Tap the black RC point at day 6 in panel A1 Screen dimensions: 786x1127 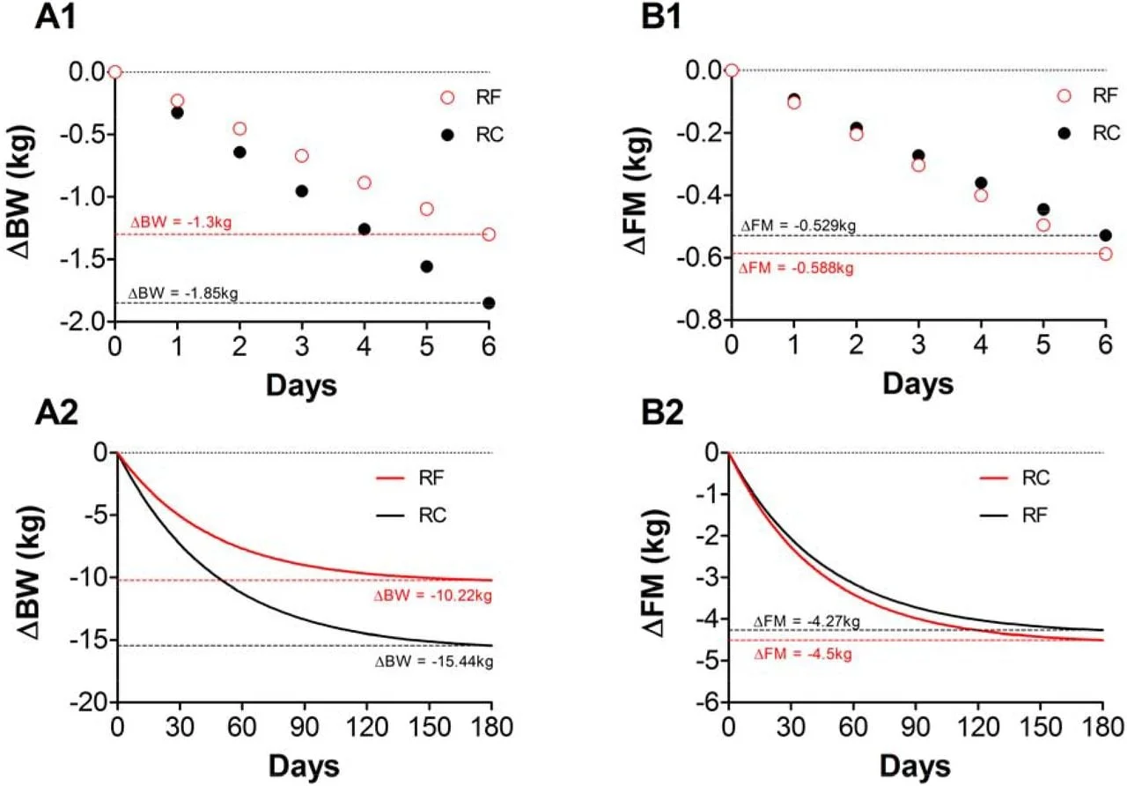489,303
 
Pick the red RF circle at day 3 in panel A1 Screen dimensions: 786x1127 302,156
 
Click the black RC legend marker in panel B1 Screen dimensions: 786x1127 1063,133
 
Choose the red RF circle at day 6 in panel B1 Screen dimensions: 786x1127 1105,254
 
